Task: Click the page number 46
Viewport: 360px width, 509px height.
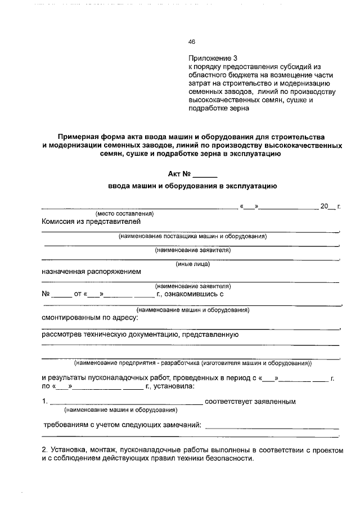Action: (x=191, y=42)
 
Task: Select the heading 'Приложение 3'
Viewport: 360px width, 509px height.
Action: (x=213, y=58)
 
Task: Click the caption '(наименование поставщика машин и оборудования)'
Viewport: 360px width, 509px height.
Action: (x=192, y=236)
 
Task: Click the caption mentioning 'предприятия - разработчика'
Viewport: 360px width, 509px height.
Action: (x=192, y=363)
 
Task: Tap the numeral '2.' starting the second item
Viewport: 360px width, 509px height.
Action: (x=45, y=450)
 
